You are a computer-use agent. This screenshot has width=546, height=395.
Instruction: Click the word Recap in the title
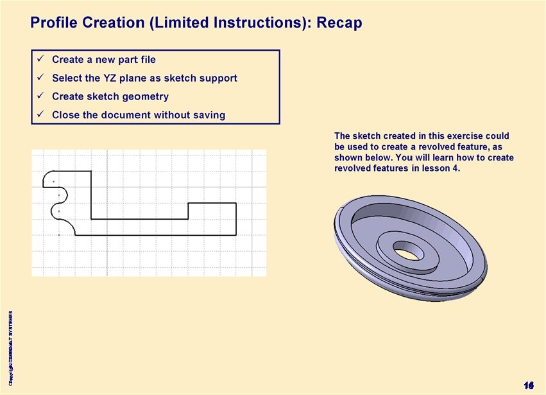[x=340, y=23]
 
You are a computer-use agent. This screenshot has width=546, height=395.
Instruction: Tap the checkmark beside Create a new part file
[x=39, y=59]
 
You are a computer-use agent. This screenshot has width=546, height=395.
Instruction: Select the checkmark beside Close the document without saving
[x=39, y=115]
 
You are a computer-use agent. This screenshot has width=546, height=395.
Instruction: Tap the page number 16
[x=529, y=385]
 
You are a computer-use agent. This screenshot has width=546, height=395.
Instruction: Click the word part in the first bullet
[x=123, y=60]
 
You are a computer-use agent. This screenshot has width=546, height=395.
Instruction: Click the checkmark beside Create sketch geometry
[x=39, y=96]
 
